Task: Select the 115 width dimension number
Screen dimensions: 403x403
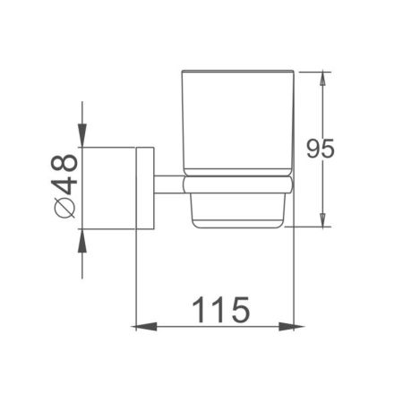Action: click(x=219, y=312)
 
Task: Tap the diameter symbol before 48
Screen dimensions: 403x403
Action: click(x=65, y=208)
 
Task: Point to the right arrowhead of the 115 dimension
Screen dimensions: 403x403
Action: click(x=289, y=324)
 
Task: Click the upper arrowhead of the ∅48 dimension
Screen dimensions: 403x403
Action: click(x=82, y=138)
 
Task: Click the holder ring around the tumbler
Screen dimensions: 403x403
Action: click(x=237, y=185)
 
